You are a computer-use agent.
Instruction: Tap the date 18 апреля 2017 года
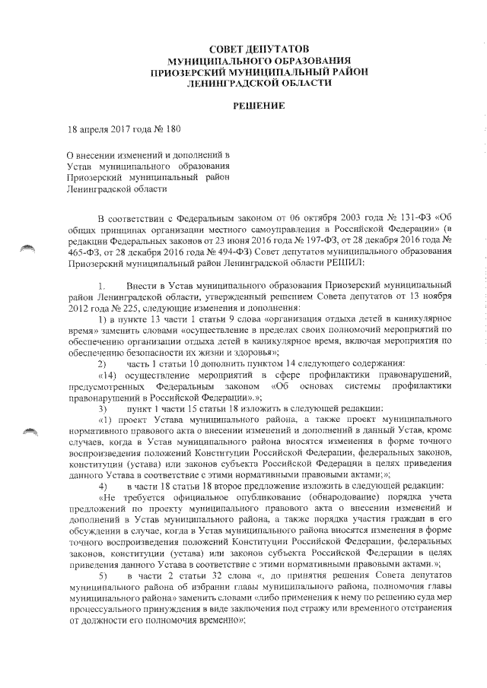pos(106,130)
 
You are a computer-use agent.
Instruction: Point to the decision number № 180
pos(167,130)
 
